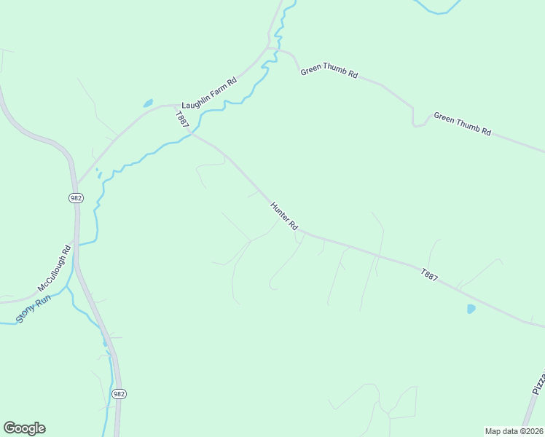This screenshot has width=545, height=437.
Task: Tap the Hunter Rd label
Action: point(284,216)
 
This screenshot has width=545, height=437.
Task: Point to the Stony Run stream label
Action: point(34,309)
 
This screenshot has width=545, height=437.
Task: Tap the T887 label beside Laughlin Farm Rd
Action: point(181,121)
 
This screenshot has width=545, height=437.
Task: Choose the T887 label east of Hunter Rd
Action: point(430,275)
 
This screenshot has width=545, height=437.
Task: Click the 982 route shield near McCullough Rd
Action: point(76,198)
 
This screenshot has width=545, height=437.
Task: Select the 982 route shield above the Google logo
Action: point(119,393)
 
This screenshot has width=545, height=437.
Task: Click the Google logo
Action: point(24,428)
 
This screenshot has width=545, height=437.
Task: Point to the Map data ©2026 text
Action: point(514,430)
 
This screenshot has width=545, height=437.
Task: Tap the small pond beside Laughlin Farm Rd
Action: point(148,103)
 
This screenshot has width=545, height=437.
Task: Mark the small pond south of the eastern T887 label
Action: point(471,309)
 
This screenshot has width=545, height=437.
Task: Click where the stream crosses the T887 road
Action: point(191,133)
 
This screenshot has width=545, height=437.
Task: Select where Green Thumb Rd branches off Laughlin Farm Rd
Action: point(271,49)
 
